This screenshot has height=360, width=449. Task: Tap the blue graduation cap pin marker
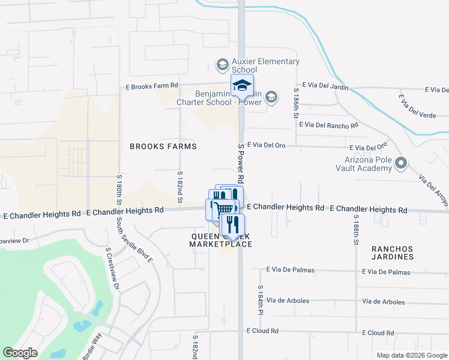[x=242, y=86]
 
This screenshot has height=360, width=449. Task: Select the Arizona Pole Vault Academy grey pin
[x=402, y=163]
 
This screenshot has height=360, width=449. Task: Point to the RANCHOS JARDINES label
[x=393, y=253]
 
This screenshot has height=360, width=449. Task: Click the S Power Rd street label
[x=240, y=164]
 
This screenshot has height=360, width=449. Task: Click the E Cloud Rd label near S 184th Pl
[x=262, y=331]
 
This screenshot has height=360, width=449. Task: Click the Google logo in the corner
[x=20, y=353]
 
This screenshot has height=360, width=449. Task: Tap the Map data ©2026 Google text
[x=411, y=355]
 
